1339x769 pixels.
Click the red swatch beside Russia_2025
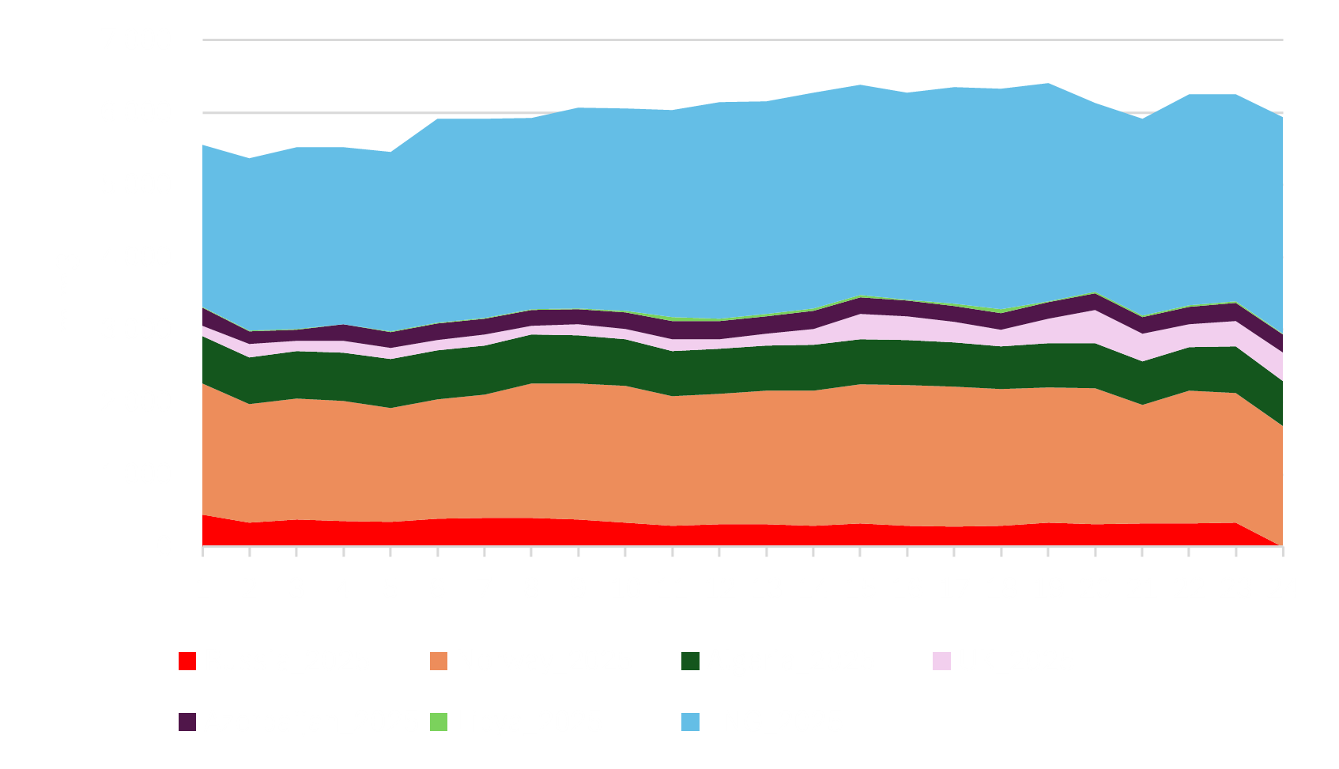tap(187, 662)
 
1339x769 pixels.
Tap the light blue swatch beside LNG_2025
tap(690, 722)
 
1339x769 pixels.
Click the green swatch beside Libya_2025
tap(438, 722)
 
